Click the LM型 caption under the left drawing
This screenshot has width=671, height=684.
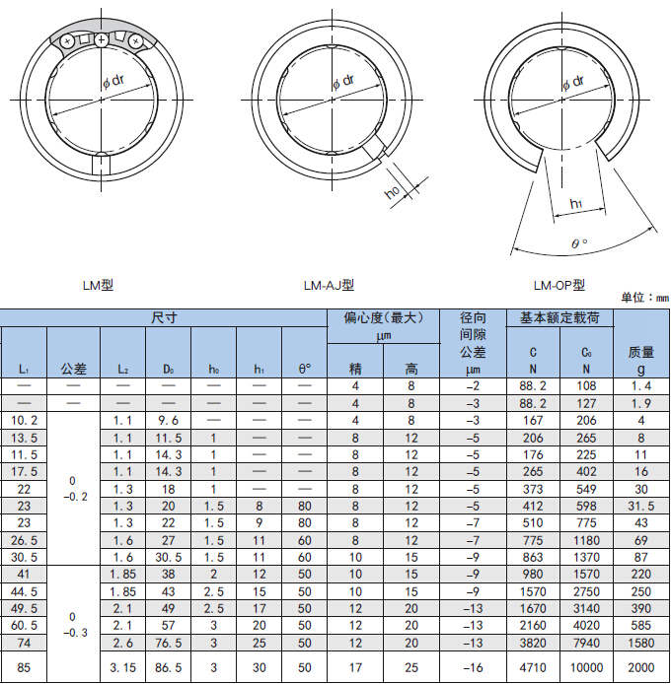point(98,285)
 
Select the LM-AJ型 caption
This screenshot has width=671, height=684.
point(329,285)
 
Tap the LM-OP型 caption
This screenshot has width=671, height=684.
point(559,285)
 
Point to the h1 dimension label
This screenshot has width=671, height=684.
point(576,203)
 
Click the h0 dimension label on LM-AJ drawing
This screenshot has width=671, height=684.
point(393,191)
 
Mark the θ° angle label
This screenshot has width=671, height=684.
point(579,243)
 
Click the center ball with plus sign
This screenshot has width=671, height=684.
point(102,40)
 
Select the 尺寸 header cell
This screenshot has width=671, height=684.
point(164,317)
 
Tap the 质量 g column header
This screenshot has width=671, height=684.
point(640,361)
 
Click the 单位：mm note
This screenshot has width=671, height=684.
point(644,298)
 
